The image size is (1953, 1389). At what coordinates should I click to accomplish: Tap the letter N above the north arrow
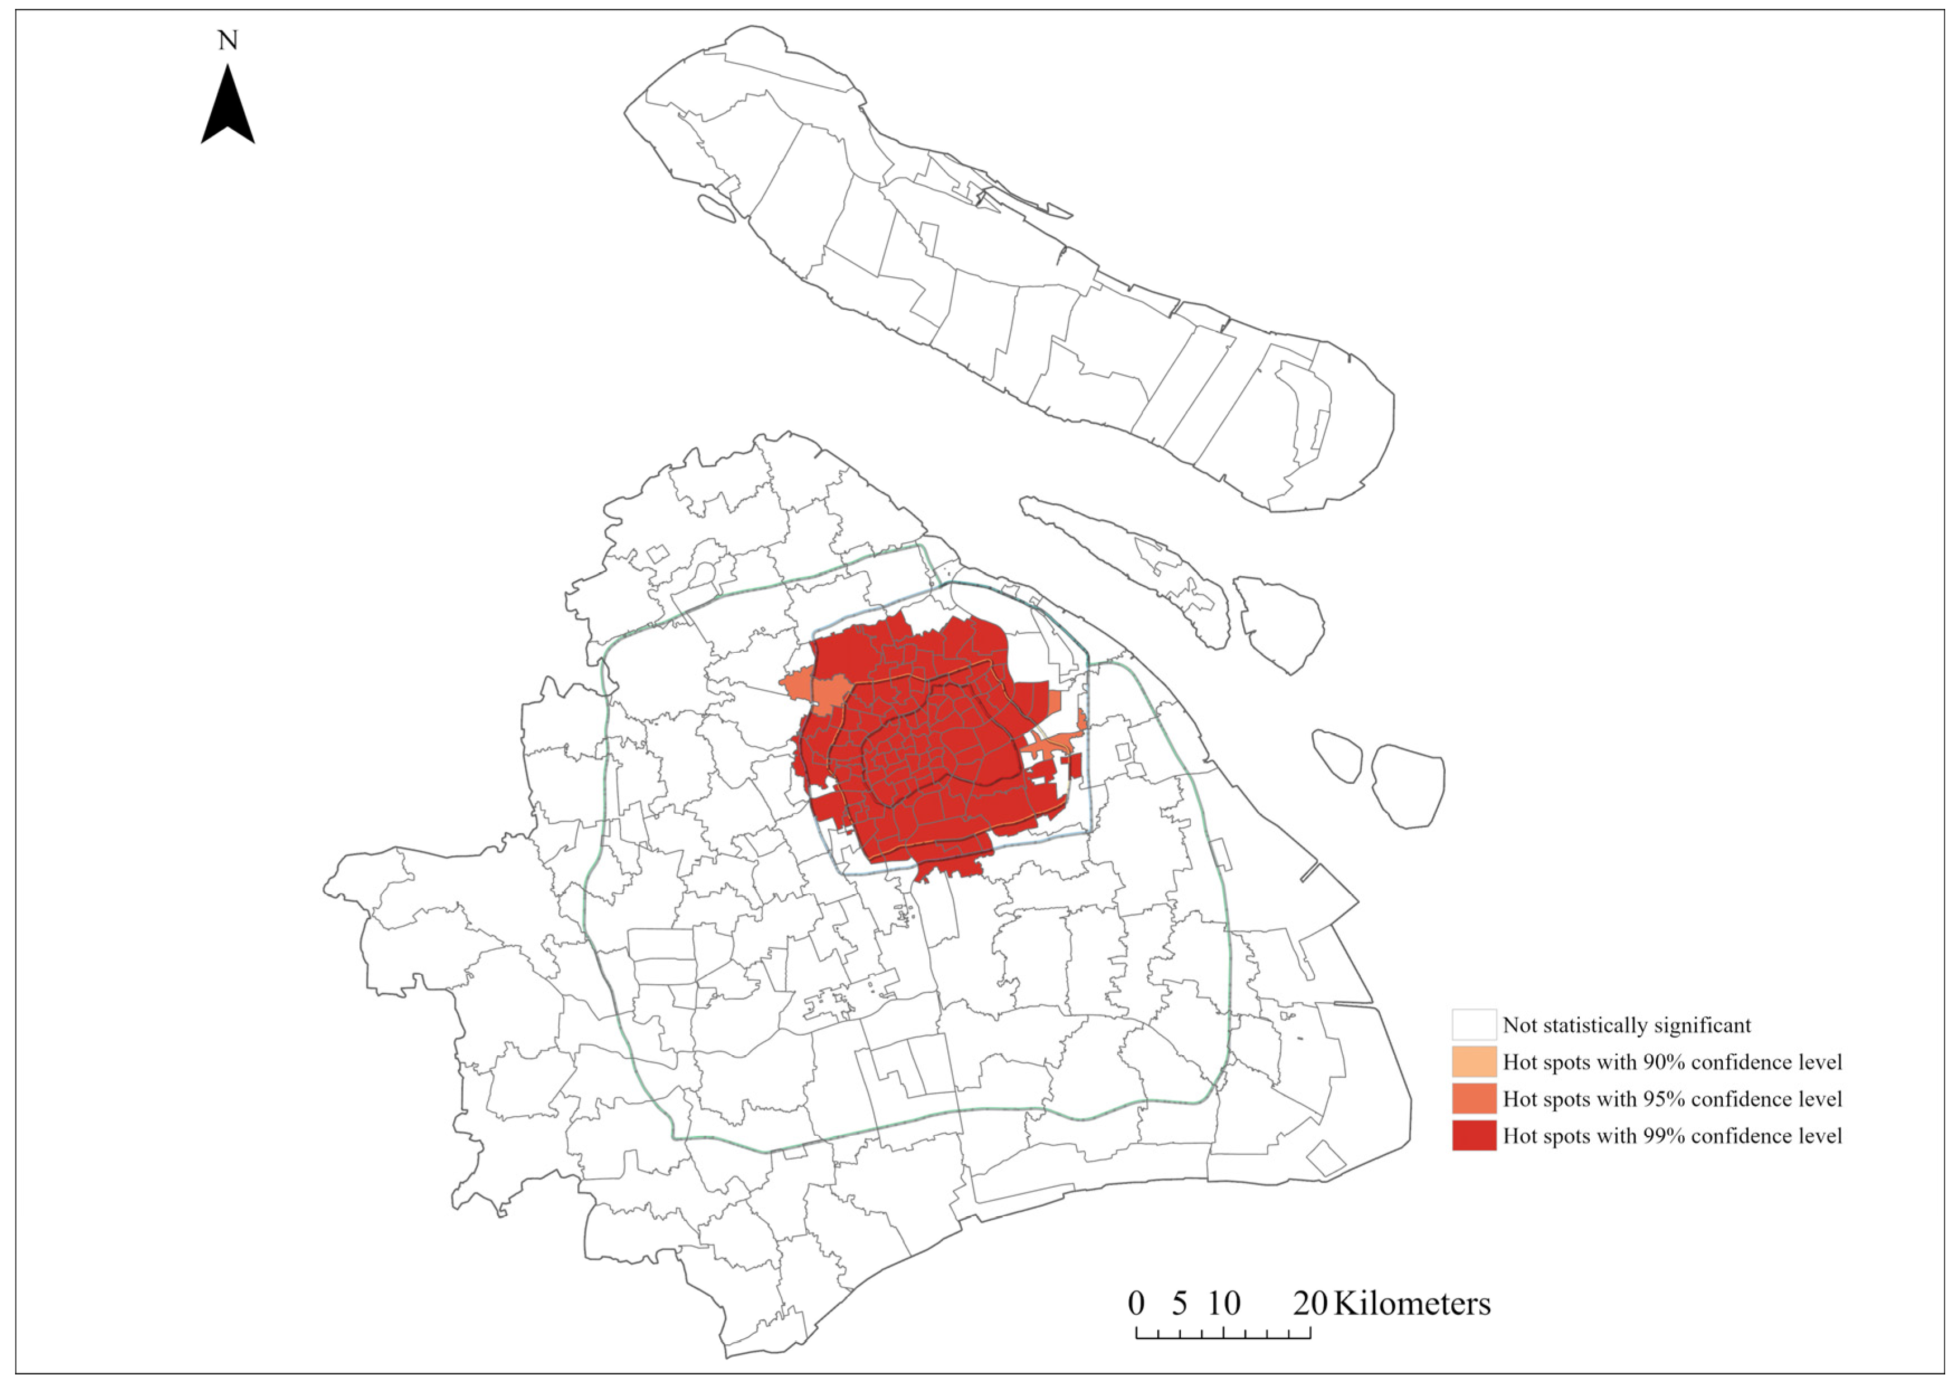click(227, 40)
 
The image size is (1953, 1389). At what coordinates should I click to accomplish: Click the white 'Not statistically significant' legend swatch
click(1474, 1025)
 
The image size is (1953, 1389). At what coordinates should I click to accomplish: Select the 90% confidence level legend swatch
click(1474, 1061)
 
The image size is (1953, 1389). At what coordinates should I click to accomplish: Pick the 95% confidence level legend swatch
click(1474, 1098)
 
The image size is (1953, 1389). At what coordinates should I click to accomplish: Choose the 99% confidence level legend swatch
click(1474, 1135)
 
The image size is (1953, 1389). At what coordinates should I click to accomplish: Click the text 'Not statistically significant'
click(1626, 1025)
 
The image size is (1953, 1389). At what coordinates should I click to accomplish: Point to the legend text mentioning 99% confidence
click(1672, 1135)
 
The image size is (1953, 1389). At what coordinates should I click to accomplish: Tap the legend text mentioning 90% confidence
click(1672, 1061)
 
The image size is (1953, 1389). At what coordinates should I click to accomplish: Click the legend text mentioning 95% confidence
click(1672, 1098)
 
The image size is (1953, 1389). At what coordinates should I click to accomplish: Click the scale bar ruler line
click(1223, 1336)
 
